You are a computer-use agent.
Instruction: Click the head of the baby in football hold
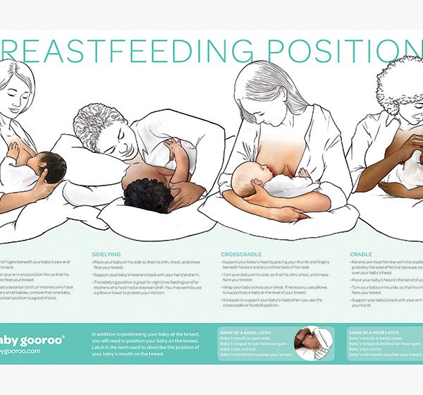pos(52,166)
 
